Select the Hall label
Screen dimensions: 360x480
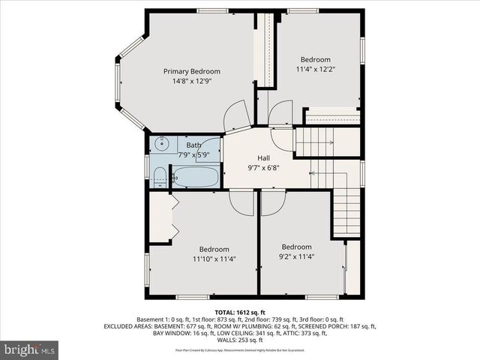coord(264,158)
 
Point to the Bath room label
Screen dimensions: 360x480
coord(193,145)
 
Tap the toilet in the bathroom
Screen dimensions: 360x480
coord(159,178)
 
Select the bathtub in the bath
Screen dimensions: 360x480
coord(195,178)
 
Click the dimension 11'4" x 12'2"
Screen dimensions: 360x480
coord(316,69)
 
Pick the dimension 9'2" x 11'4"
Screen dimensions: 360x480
coord(296,256)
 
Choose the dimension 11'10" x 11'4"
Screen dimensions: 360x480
coord(214,259)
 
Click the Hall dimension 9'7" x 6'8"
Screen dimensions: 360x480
coord(264,168)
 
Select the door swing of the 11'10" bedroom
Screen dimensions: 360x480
coord(242,200)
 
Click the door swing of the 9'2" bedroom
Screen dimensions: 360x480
coord(274,200)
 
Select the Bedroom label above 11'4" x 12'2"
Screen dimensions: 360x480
coord(316,59)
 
